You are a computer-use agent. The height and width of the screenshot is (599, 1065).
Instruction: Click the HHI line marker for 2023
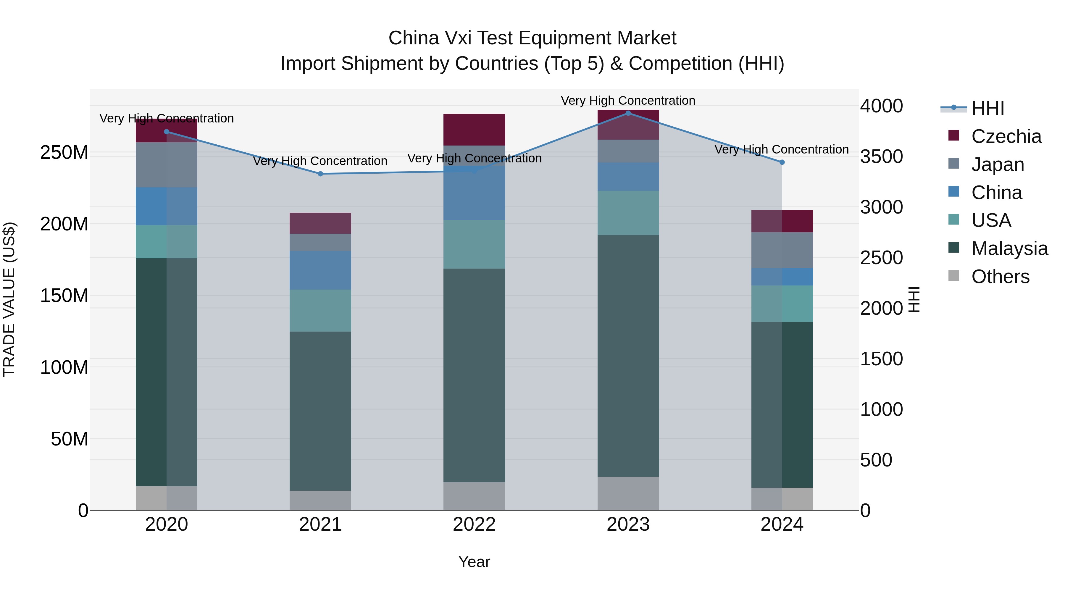[x=628, y=113]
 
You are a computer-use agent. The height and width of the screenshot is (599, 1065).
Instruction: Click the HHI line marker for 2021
[x=320, y=174]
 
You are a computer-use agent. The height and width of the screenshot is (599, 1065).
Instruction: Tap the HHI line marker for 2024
[x=782, y=162]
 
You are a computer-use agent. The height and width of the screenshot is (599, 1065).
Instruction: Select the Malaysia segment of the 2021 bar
[x=320, y=411]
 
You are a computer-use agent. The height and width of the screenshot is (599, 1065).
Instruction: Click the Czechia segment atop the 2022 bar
[x=474, y=130]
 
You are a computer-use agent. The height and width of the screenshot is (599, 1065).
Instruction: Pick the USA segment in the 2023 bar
[x=628, y=213]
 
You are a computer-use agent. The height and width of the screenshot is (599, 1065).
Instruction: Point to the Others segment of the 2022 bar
[x=474, y=496]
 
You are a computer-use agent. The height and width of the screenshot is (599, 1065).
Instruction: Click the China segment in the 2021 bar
[x=320, y=270]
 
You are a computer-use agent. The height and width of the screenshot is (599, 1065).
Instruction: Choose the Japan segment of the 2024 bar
[x=782, y=250]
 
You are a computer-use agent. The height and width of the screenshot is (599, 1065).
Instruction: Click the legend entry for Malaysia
[x=1009, y=248]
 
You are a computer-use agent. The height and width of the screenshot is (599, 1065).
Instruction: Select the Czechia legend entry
[x=1006, y=136]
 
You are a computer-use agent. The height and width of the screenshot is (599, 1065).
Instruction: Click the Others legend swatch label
[x=1000, y=277]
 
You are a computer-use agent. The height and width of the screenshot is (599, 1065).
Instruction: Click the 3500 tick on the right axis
[x=882, y=157]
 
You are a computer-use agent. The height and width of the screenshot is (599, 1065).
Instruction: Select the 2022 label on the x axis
[x=474, y=524]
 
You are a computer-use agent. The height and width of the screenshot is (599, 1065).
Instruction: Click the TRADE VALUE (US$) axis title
[x=9, y=299]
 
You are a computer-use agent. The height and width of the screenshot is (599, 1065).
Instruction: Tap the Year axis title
[x=474, y=562]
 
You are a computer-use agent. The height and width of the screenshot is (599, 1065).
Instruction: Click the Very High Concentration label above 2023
[x=628, y=101]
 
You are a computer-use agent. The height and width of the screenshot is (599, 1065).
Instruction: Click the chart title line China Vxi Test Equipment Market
[x=532, y=38]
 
